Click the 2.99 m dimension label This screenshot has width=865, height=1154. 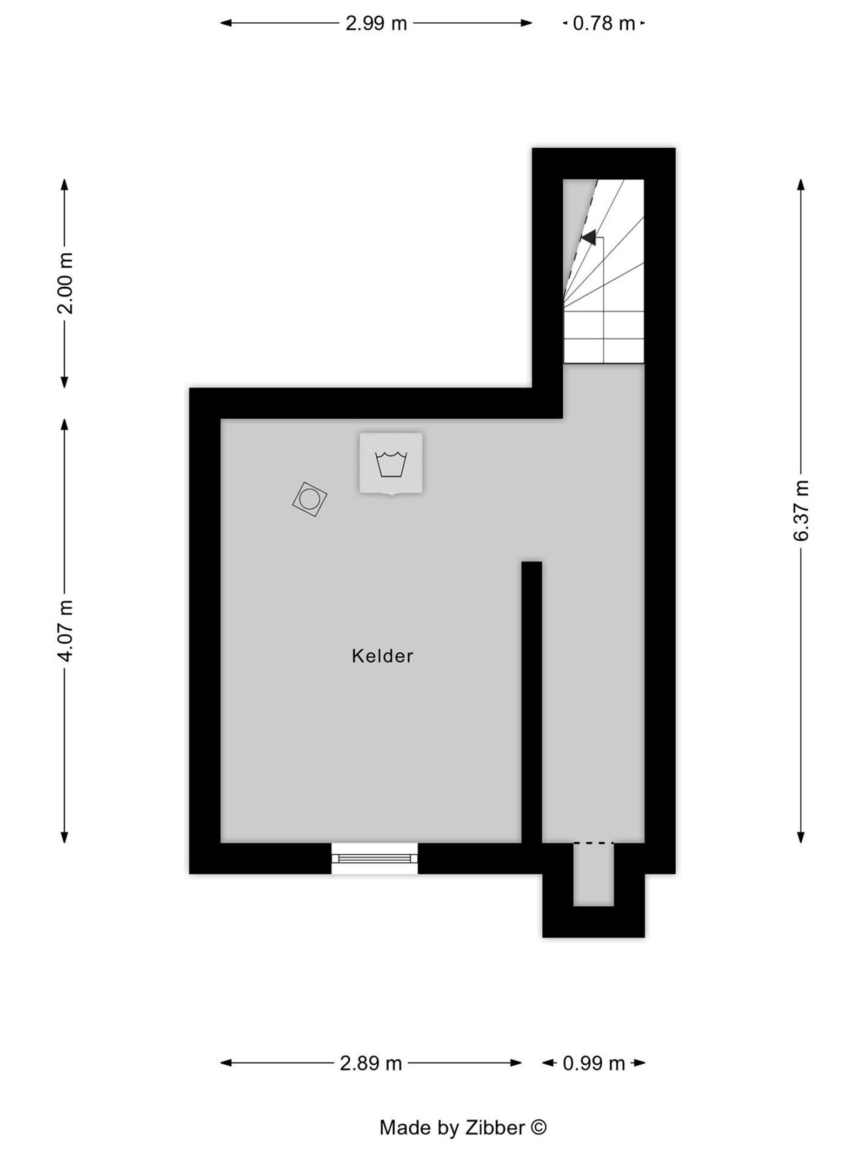(x=376, y=24)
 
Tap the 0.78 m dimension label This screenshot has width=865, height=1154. (x=603, y=24)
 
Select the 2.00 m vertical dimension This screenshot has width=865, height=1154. (x=65, y=283)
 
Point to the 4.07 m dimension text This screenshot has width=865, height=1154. (x=65, y=630)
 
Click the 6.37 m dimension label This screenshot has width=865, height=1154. (x=801, y=510)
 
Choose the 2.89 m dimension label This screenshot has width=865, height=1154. (x=370, y=1064)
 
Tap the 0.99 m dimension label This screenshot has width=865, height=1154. (x=594, y=1064)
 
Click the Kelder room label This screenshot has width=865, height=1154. (x=382, y=656)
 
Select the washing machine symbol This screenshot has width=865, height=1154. (x=391, y=463)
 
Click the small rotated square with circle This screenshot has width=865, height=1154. (x=310, y=499)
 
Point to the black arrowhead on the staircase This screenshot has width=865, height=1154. (x=589, y=237)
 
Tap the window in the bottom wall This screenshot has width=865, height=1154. (x=374, y=858)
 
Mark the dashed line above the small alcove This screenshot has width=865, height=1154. (x=593, y=843)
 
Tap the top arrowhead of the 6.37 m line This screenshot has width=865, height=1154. (x=801, y=184)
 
